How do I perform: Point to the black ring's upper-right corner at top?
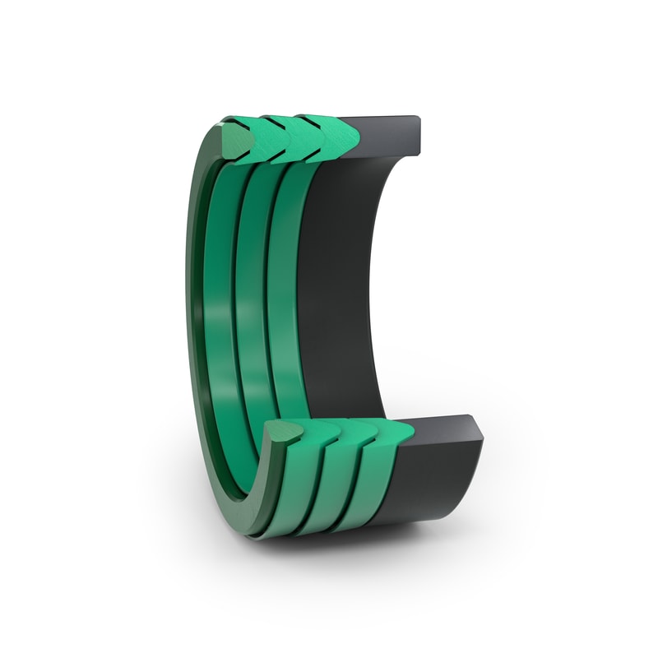pyautogui.click(x=419, y=119)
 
